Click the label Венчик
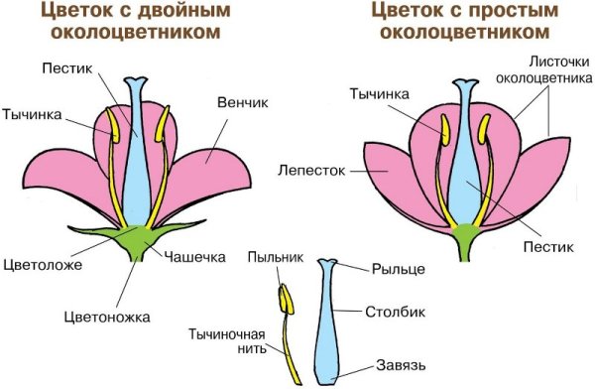(242, 101)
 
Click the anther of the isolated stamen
(287, 298)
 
